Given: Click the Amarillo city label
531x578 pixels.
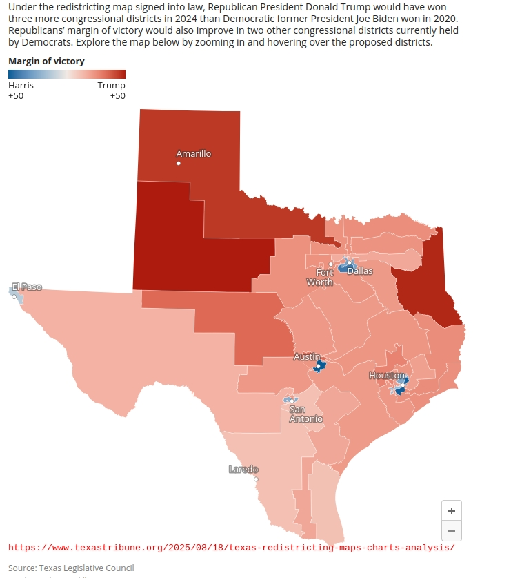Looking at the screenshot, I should [x=194, y=153].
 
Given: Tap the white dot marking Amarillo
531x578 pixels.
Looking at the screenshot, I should [x=179, y=164].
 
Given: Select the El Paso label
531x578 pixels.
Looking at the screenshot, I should [x=27, y=287].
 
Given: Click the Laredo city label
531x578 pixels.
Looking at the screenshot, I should [x=243, y=470].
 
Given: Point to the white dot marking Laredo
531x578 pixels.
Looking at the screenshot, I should [x=256, y=479].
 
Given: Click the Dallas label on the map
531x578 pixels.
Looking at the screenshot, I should [x=359, y=271].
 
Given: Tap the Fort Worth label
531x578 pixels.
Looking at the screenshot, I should [x=320, y=277].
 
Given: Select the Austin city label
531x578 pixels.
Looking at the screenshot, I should [x=307, y=357].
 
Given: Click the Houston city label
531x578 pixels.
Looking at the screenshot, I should [x=387, y=375].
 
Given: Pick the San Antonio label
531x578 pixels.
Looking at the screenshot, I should [x=305, y=414].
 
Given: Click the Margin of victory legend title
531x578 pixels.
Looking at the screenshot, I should [x=46, y=61].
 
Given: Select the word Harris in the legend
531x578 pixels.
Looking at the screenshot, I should [x=21, y=86].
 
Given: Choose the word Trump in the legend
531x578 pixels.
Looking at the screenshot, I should [x=111, y=86].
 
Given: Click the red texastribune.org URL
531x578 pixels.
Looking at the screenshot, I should [x=232, y=548].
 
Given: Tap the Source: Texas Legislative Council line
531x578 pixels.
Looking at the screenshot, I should [x=71, y=568].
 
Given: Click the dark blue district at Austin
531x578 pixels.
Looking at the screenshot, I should [x=319, y=365].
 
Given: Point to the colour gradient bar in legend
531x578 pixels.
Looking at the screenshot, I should [x=67, y=75].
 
